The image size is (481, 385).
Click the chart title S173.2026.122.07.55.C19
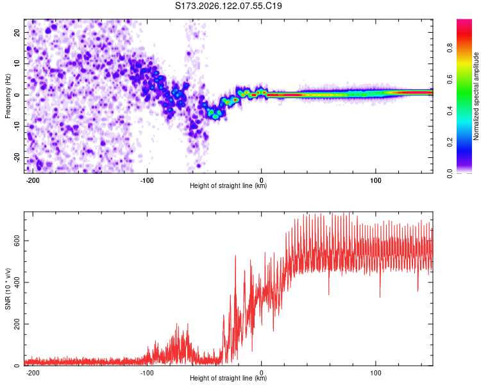(228, 6)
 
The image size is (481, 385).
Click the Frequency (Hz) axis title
(8, 96)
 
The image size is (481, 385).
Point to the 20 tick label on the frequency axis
(17, 33)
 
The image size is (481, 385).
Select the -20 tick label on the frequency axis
(17, 158)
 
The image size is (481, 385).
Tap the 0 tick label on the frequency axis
(17, 95)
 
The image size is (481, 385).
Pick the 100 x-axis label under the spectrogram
(375, 180)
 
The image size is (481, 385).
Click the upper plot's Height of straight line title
(228, 185)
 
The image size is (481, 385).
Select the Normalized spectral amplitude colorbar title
(476, 96)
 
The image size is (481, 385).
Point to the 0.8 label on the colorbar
(450, 48)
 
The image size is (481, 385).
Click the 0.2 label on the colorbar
(450, 142)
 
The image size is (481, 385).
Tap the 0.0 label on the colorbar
(450, 173)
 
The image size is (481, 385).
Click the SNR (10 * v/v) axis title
(8, 289)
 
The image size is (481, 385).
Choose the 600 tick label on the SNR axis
(17, 241)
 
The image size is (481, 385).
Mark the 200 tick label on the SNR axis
(17, 324)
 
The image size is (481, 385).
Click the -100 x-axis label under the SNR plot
(147, 373)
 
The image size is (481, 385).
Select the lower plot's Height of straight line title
(228, 378)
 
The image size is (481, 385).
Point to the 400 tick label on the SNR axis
(17, 282)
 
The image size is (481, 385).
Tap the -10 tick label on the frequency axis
(17, 126)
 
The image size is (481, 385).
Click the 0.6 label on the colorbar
(450, 79)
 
